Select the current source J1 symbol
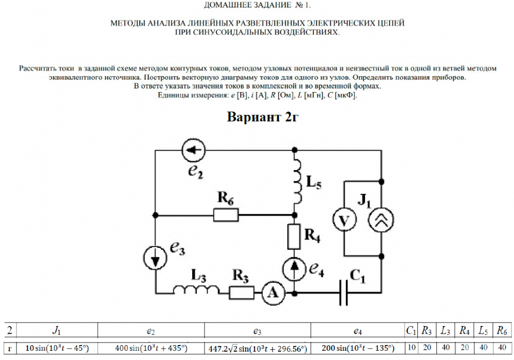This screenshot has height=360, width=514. point(381,220)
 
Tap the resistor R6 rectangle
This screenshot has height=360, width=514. point(226,214)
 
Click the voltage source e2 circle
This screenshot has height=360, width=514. point(195,150)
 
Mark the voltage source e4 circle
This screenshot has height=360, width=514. point(294,268)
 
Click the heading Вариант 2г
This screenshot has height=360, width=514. point(263,117)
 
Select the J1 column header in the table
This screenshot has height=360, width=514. point(57,330)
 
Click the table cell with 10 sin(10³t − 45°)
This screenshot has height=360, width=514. point(57,348)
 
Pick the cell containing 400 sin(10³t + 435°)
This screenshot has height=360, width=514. point(151,348)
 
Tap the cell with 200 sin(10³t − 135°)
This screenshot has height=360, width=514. point(355,348)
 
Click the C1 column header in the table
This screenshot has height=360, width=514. point(411,330)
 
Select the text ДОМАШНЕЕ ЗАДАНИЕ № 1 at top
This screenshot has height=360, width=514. point(258,5)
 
